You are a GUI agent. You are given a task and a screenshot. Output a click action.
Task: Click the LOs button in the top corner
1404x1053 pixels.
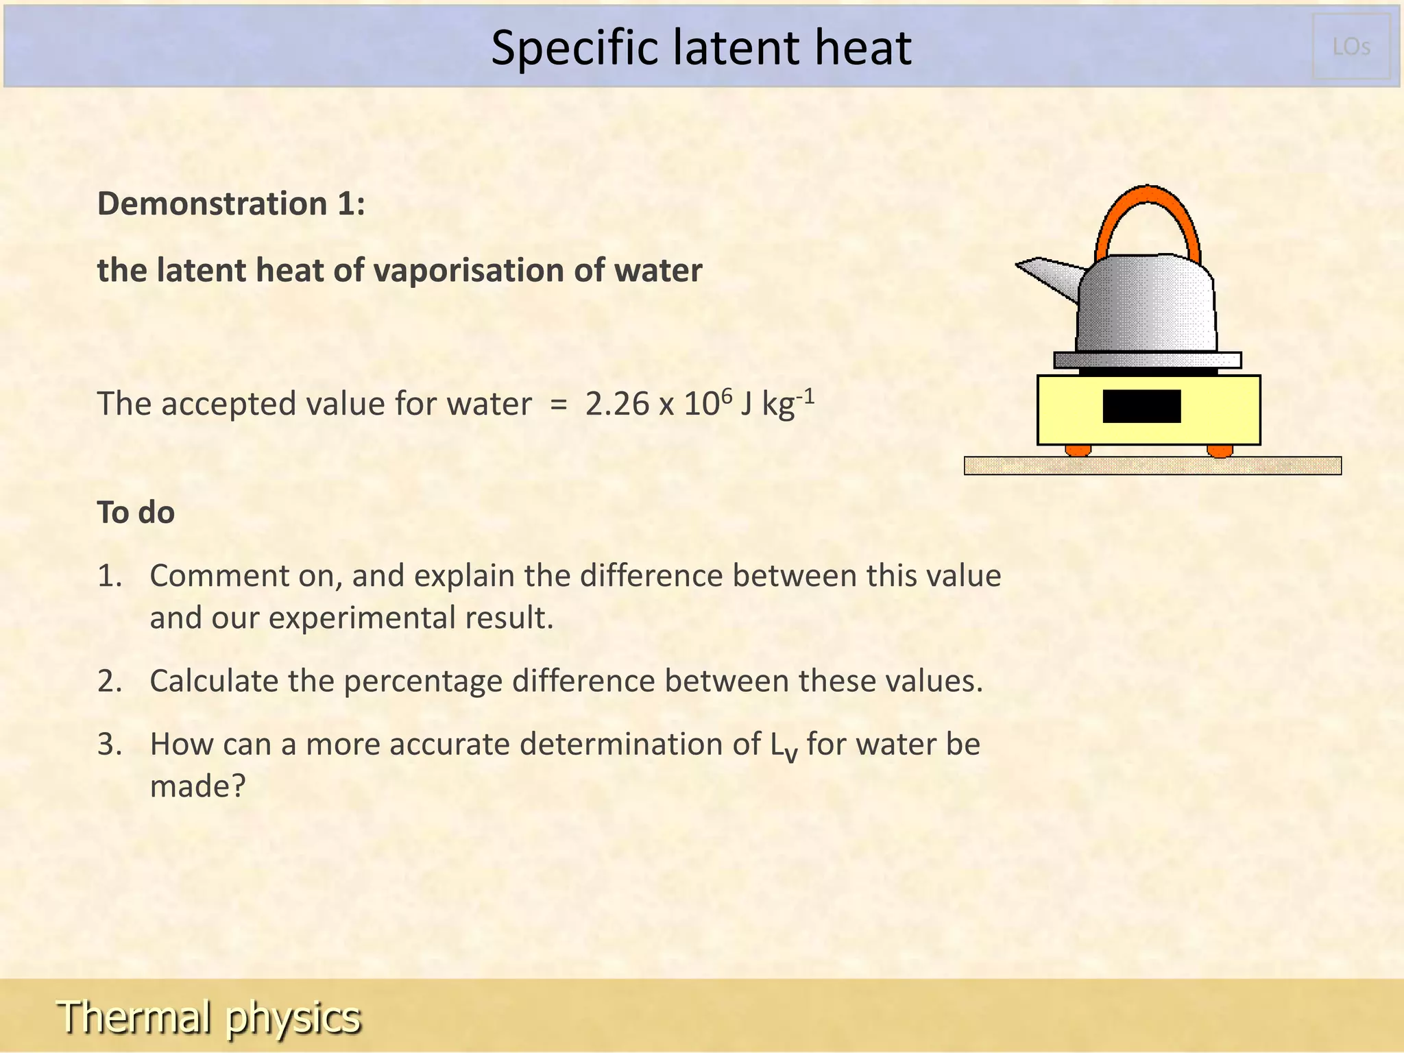(x=1351, y=47)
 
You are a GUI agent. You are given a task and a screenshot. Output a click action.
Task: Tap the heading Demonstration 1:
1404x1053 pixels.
(x=231, y=204)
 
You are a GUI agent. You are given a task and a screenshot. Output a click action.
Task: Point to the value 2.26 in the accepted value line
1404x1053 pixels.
(x=616, y=404)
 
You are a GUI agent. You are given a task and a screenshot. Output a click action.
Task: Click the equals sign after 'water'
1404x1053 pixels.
(x=559, y=404)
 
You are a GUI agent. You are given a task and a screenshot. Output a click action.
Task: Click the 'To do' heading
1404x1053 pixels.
(x=136, y=513)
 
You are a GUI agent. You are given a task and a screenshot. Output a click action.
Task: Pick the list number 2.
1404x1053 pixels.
(x=110, y=681)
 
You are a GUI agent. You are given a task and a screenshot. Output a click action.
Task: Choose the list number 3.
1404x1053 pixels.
(x=110, y=745)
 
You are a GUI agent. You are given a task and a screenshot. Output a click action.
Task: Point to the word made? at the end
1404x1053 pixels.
(x=197, y=786)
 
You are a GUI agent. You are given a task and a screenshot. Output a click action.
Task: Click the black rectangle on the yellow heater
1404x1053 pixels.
(x=1141, y=406)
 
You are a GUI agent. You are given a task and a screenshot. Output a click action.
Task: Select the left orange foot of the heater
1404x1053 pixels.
(x=1078, y=450)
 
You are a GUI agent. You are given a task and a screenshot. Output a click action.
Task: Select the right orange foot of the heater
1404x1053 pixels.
(x=1220, y=450)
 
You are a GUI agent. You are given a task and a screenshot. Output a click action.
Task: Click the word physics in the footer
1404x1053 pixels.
(x=293, y=1017)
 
